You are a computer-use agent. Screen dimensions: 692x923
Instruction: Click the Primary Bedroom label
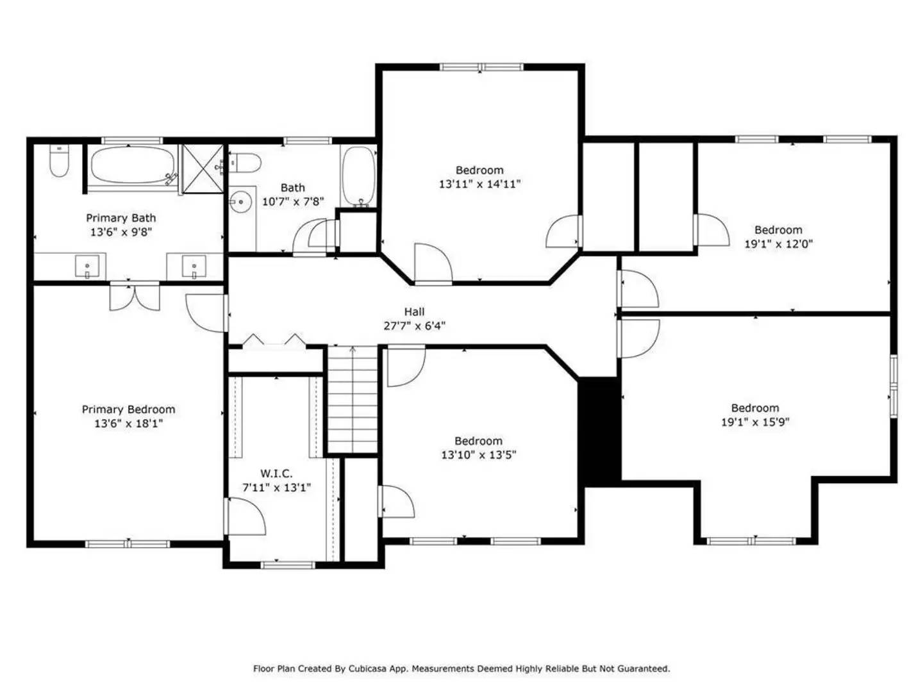pyautogui.click(x=128, y=409)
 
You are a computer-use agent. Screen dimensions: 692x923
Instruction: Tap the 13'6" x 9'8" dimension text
pyautogui.click(x=121, y=232)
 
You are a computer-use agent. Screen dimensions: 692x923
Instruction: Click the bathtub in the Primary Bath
pyautogui.click(x=132, y=166)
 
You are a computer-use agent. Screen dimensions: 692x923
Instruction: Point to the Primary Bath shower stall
pyautogui.click(x=203, y=169)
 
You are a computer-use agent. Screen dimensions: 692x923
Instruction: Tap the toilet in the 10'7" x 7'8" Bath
pyautogui.click(x=244, y=162)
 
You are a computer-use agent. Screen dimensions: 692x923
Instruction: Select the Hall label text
pyautogui.click(x=414, y=312)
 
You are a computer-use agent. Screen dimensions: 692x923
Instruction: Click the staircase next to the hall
pyautogui.click(x=353, y=400)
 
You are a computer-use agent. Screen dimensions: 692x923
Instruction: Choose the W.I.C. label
pyautogui.click(x=276, y=474)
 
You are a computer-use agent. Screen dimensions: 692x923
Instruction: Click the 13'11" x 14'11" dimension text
pyautogui.click(x=479, y=184)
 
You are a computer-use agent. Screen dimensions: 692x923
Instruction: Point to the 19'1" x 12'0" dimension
pyautogui.click(x=778, y=243)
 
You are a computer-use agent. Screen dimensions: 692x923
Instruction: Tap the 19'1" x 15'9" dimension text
pyautogui.click(x=755, y=422)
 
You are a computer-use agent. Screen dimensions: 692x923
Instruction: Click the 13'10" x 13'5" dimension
pyautogui.click(x=478, y=455)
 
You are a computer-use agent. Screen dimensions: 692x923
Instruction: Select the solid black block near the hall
pyautogui.click(x=599, y=430)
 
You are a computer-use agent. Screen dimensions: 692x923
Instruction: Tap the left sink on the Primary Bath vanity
pyautogui.click(x=87, y=265)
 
